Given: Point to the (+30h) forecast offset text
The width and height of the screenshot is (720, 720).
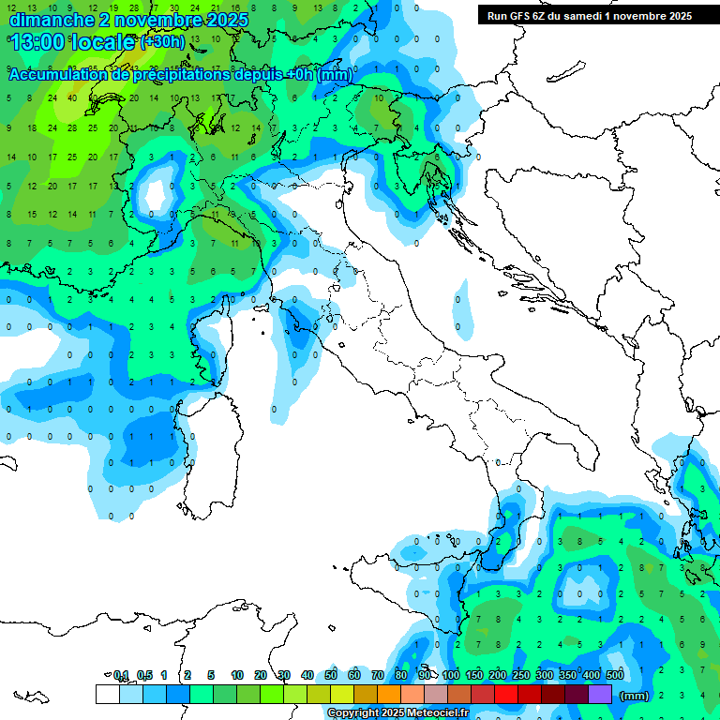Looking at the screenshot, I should (x=162, y=42).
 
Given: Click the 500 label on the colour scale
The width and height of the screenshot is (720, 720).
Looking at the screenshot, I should (x=615, y=675).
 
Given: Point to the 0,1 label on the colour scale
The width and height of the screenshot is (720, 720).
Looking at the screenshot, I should (x=121, y=675).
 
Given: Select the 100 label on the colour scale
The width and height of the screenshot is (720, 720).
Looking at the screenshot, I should (x=451, y=675).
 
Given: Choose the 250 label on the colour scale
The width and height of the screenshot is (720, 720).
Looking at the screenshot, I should (x=521, y=675).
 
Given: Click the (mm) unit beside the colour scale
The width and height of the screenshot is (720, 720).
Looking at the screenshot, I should (x=635, y=696).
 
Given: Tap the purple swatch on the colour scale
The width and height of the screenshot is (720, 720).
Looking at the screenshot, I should (x=600, y=695).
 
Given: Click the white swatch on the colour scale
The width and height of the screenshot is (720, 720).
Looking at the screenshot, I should (x=107, y=695).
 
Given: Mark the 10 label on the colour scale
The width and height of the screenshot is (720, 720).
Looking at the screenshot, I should (x=237, y=675).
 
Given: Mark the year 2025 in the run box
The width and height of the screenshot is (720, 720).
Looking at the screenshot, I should (x=677, y=16).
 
